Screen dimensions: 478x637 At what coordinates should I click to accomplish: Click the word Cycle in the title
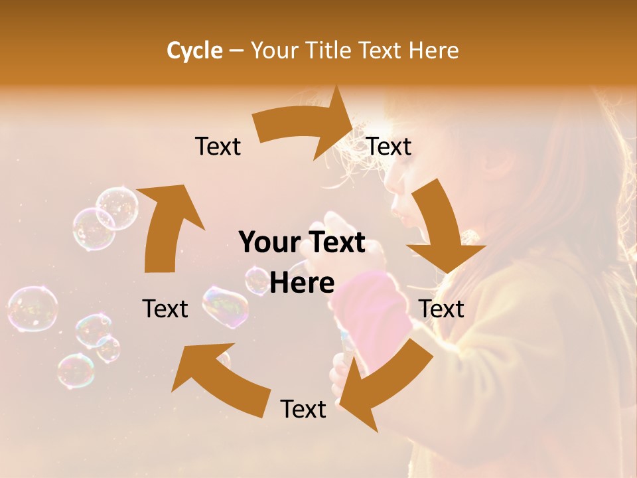click(194, 50)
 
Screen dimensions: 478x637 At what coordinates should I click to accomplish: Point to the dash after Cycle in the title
click(236, 51)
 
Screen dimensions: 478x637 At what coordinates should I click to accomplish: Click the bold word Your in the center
click(265, 242)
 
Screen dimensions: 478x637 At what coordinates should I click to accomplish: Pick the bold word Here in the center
click(302, 283)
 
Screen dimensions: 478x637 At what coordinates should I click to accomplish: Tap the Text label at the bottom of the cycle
click(303, 409)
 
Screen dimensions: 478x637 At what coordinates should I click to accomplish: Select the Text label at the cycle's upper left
click(218, 146)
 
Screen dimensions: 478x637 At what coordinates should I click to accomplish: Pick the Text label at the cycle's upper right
click(389, 146)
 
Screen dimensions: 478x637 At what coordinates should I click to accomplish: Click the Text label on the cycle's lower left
click(165, 309)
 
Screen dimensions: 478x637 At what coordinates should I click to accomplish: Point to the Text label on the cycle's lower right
click(441, 309)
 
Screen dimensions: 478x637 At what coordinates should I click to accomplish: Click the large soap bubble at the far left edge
click(32, 309)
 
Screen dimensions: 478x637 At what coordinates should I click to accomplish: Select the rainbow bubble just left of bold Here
click(226, 306)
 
